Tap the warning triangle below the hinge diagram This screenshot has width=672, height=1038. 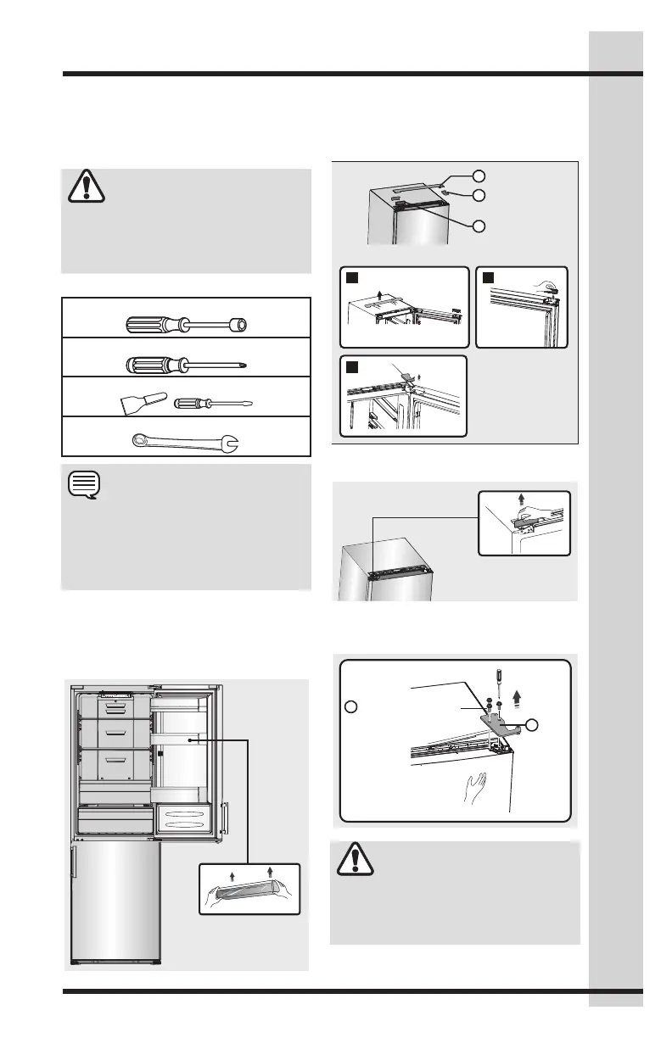(355, 859)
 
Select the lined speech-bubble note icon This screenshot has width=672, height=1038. (84, 486)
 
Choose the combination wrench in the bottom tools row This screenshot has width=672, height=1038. (187, 441)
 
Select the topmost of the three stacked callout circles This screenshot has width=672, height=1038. (479, 176)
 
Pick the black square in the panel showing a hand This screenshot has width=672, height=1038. (488, 276)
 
